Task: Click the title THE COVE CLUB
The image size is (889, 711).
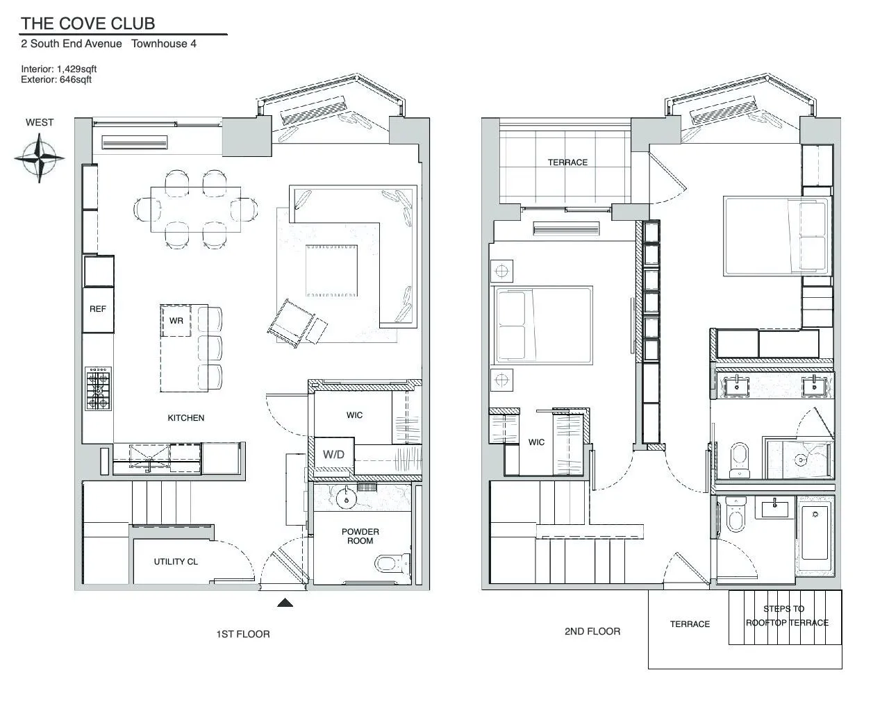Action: point(88,24)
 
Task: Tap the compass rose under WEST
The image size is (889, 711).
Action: point(40,158)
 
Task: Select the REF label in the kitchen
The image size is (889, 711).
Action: point(98,309)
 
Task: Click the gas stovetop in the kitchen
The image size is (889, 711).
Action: point(98,390)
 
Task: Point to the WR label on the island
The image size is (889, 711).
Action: point(176,321)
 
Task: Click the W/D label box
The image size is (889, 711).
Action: point(333,455)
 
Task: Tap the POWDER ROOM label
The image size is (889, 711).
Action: point(360,536)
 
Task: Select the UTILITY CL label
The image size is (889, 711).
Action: point(176,561)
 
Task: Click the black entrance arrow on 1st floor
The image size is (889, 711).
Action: point(285,603)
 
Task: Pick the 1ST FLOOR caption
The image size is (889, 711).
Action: point(242,634)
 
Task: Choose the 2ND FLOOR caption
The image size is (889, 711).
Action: point(592,631)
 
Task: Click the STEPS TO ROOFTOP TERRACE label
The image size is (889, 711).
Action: point(786,616)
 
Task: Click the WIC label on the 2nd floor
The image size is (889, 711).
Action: point(536,442)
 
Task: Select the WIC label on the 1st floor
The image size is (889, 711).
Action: point(354,415)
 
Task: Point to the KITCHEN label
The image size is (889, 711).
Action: point(186,418)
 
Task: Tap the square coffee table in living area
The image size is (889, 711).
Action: point(333,271)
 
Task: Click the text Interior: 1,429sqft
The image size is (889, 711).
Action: point(59,69)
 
